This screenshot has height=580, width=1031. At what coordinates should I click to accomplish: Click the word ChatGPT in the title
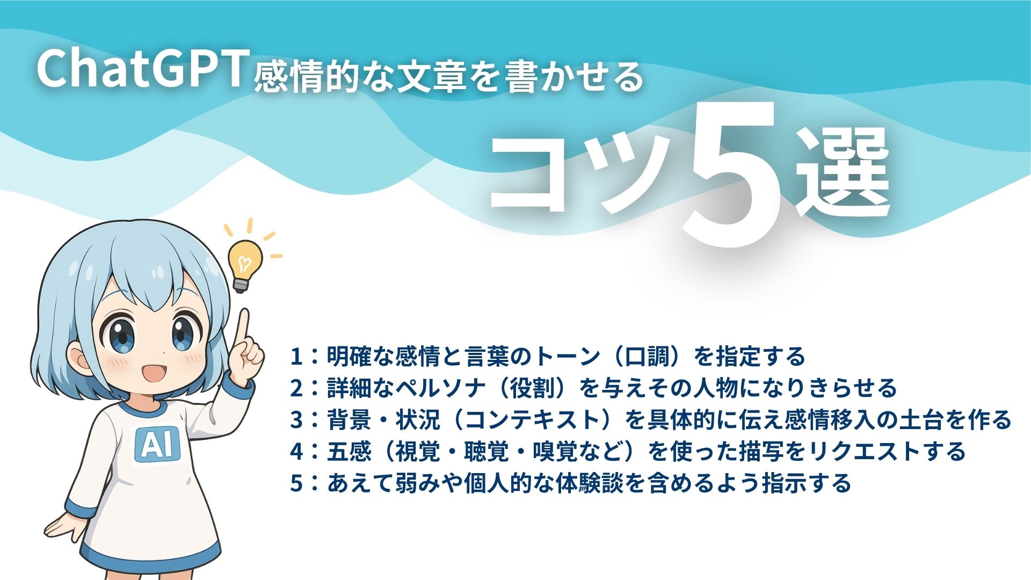(x=141, y=69)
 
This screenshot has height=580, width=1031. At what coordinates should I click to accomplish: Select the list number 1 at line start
(x=296, y=357)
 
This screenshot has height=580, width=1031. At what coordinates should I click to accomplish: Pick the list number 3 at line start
(x=296, y=419)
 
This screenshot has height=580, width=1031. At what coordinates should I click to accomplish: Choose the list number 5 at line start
(x=296, y=483)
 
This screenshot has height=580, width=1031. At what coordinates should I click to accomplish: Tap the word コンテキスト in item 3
(x=532, y=419)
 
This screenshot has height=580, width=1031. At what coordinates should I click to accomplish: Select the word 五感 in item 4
(x=349, y=451)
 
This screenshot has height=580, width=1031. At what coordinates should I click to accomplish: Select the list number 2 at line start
(x=296, y=388)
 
